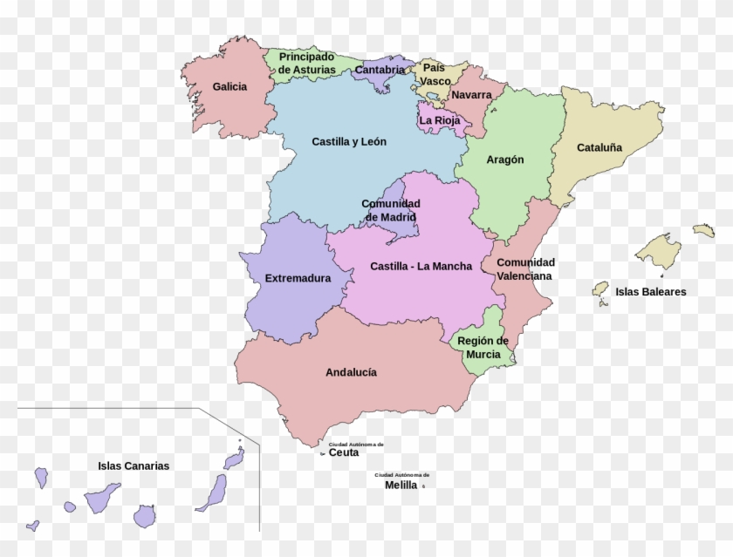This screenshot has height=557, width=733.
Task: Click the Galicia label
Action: click(x=229, y=87)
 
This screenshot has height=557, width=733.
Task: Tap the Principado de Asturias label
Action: click(x=306, y=63)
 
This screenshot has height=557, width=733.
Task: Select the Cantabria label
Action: click(x=380, y=70)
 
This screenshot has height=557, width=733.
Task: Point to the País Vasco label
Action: click(x=434, y=74)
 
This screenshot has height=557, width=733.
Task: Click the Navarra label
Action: click(x=471, y=95)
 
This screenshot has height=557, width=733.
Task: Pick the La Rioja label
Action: click(x=440, y=121)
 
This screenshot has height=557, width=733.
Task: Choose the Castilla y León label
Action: click(x=349, y=141)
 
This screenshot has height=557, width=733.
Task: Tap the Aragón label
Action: click(x=505, y=160)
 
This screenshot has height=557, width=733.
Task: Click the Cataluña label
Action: click(x=599, y=148)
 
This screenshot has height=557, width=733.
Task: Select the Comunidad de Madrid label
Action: click(x=390, y=210)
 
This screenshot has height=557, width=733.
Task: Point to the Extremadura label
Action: click(x=298, y=279)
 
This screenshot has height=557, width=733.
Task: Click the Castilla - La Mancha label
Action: click(x=421, y=267)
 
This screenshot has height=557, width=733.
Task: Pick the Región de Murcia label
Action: click(x=483, y=347)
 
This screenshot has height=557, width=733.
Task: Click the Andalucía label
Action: click(x=351, y=372)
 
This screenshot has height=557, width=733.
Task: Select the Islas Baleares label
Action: click(x=650, y=292)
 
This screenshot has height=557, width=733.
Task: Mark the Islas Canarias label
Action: click(x=134, y=466)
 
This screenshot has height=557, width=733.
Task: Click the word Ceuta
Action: click(x=343, y=452)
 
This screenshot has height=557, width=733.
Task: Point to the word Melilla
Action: click(x=401, y=485)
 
